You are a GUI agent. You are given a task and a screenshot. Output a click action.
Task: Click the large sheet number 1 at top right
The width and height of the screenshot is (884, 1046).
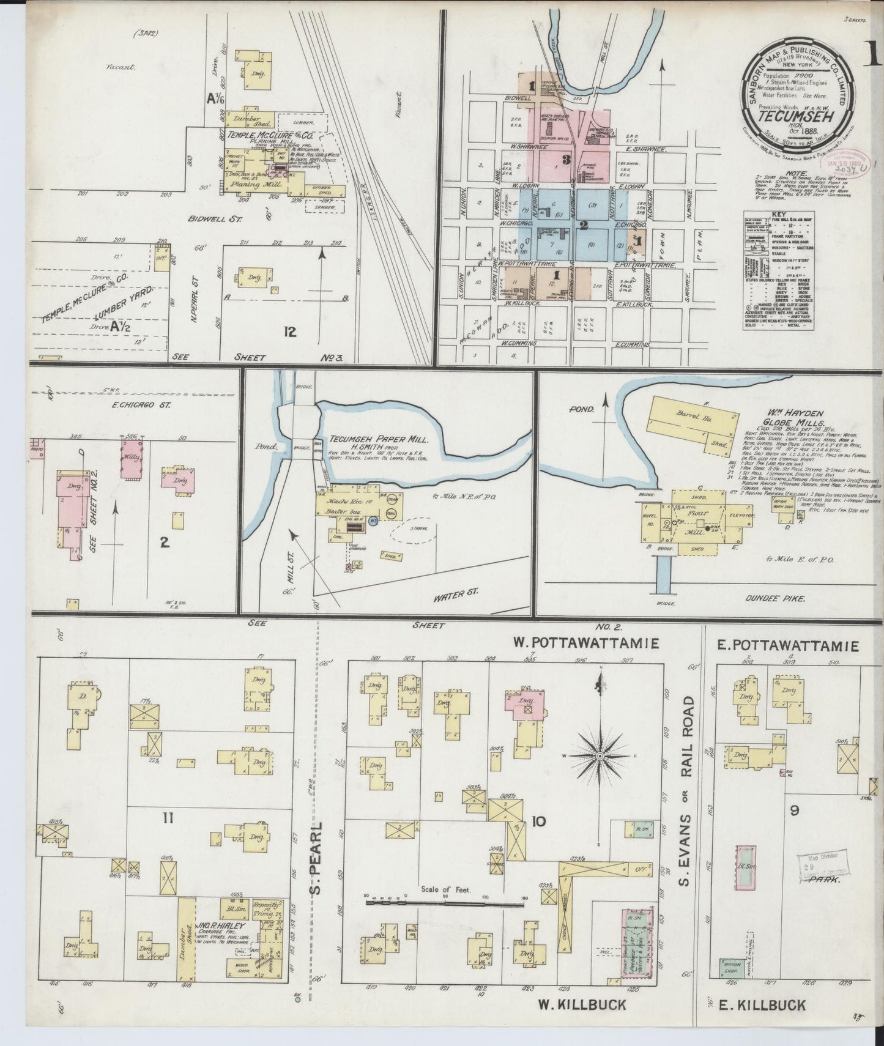point(874,56)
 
